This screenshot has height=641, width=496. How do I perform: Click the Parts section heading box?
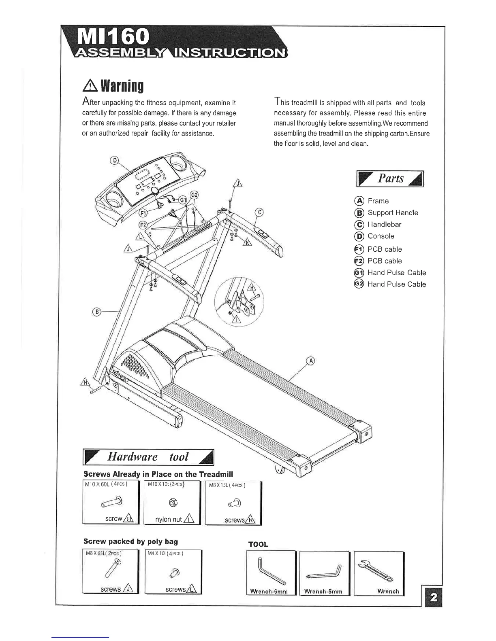pos(390,179)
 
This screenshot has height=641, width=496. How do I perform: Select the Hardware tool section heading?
pos(148,457)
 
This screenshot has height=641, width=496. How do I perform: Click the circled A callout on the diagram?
pos(310,361)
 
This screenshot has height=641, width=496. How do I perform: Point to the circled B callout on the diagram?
pos(96,312)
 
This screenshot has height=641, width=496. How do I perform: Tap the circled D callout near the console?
pos(115,161)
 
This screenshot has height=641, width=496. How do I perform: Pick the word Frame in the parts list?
pos(378,201)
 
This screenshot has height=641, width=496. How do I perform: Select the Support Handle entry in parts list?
pos(393,213)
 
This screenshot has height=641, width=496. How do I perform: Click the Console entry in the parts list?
pos(381,236)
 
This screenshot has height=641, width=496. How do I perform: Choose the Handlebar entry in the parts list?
pos(384,225)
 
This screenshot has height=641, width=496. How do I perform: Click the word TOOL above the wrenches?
pos(258,544)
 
